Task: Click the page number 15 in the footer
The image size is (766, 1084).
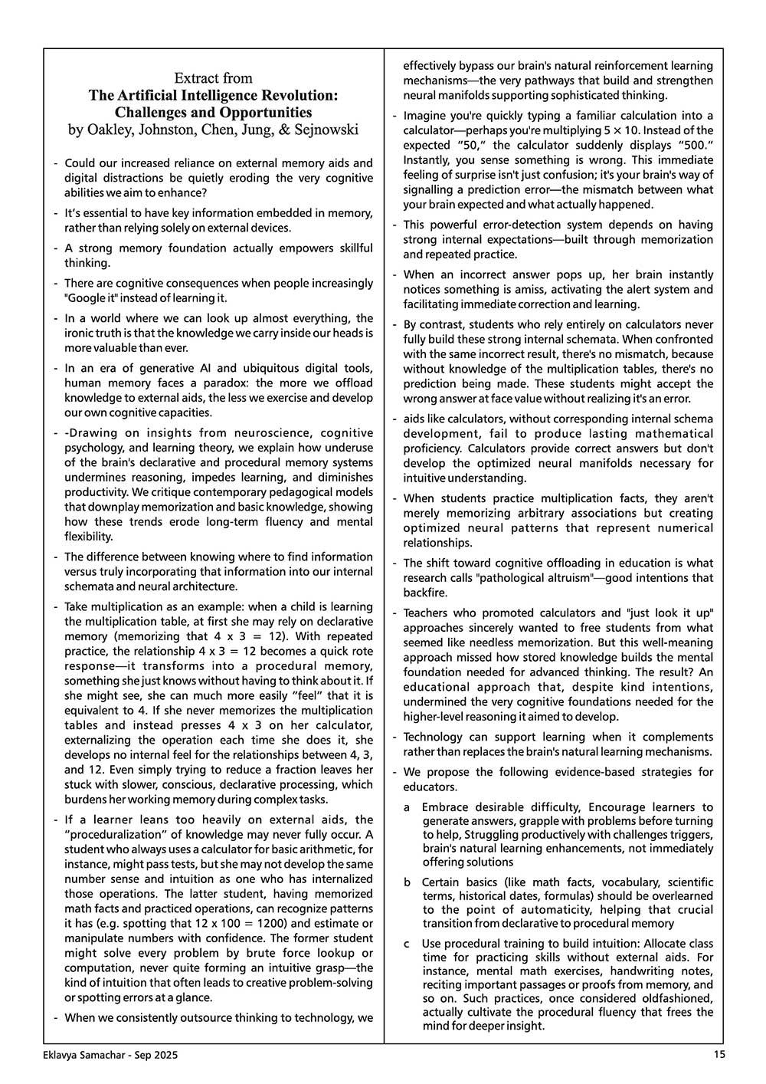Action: click(x=719, y=1054)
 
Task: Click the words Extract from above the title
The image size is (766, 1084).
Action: click(x=213, y=78)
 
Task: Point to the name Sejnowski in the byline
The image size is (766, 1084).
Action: click(x=326, y=130)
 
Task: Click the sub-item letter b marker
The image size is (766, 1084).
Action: click(x=408, y=882)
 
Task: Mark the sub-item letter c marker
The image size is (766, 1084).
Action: click(x=408, y=943)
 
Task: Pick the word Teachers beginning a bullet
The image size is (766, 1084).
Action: click(x=428, y=613)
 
